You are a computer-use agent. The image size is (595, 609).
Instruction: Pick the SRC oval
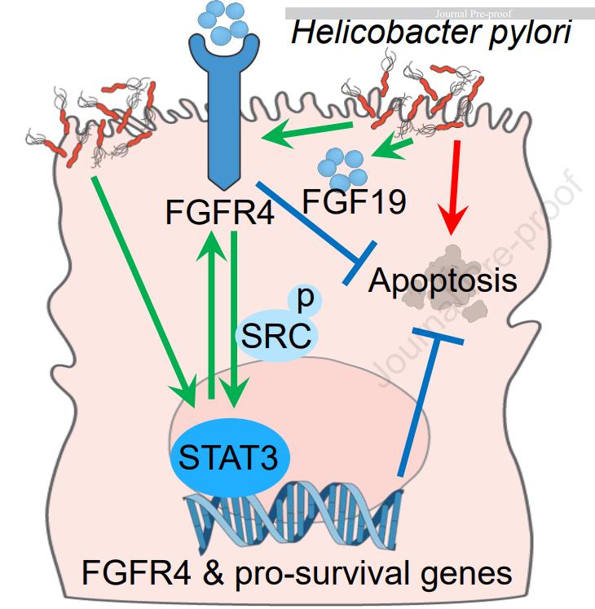tap(275, 333)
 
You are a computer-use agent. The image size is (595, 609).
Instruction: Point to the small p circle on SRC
tap(305, 299)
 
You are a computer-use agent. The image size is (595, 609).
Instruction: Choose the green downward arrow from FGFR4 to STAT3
tap(235, 318)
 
